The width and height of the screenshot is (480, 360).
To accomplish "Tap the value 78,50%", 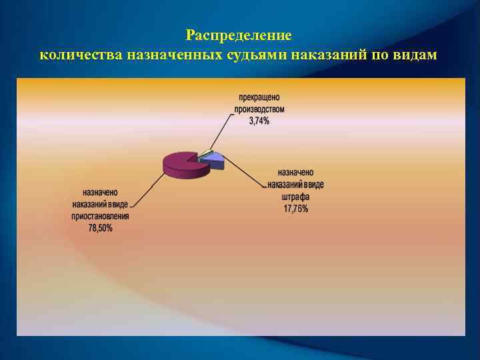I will pyautogui.click(x=101, y=228).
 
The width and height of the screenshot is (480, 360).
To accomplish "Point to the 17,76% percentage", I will pyautogui.click(x=295, y=209).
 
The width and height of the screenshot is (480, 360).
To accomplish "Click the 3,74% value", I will pyautogui.click(x=259, y=121).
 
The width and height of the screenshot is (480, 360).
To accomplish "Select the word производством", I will pyautogui.click(x=259, y=109).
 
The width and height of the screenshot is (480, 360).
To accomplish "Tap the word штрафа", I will pyautogui.click(x=295, y=197).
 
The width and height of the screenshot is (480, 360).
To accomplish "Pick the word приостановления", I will pyautogui.click(x=101, y=216).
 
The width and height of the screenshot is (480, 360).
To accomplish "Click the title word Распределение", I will pyautogui.click(x=239, y=35).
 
